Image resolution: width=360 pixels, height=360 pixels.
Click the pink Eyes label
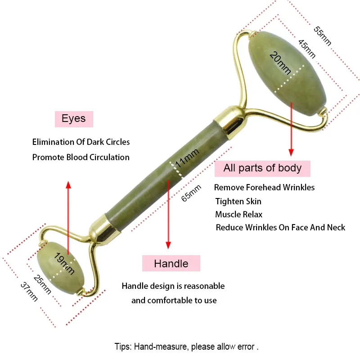coord(73,119)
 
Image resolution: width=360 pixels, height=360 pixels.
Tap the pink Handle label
coord(171,263)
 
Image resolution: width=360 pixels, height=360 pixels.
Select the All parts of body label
coord(262,168)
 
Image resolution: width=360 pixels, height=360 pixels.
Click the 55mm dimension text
coord(322,36)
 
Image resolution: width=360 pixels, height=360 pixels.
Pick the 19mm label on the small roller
coord(64,263)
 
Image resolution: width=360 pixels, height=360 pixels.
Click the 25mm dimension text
coord(43,284)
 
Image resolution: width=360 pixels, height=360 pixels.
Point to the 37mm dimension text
coord(29,292)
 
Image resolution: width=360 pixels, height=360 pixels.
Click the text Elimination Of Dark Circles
coord(81,142)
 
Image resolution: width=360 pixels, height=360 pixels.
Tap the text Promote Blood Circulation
coord(81,157)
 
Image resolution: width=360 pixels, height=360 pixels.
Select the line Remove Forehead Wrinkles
coord(264,187)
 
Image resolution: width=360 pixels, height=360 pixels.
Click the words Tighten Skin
coord(238,201)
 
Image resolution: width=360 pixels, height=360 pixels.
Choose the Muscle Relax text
coord(238,214)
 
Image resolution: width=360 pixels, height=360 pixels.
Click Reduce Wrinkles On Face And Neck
coord(280,228)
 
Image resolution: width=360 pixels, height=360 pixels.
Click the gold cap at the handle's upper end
coord(233,122)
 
